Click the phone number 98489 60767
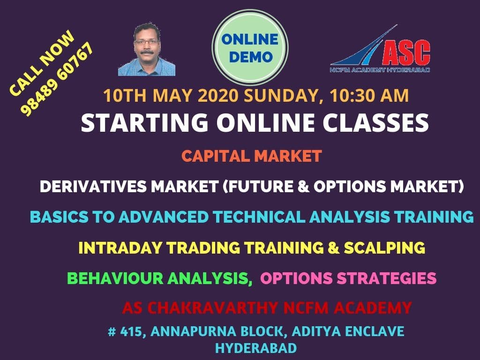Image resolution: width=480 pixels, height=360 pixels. (x=57, y=79)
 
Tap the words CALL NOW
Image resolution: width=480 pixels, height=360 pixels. (x=42, y=62)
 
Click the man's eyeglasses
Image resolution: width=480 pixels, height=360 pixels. (x=146, y=42)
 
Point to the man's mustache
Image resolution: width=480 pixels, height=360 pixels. (x=147, y=52)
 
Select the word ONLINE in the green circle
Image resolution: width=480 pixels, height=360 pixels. (x=250, y=39)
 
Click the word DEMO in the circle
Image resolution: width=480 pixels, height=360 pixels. (x=251, y=57)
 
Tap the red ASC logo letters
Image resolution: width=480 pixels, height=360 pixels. (x=406, y=52)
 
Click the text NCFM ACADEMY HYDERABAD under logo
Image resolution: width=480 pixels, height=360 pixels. (x=380, y=70)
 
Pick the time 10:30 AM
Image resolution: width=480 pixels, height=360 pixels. (x=369, y=95)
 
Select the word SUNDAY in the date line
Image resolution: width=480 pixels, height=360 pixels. (x=281, y=96)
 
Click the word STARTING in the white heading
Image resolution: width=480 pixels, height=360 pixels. (x=144, y=122)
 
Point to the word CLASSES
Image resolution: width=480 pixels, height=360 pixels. (x=375, y=122)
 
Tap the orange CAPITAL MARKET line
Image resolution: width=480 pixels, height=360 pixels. (x=251, y=156)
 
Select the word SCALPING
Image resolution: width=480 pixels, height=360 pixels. (x=384, y=247)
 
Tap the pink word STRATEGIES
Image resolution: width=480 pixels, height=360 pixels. (x=387, y=278)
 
